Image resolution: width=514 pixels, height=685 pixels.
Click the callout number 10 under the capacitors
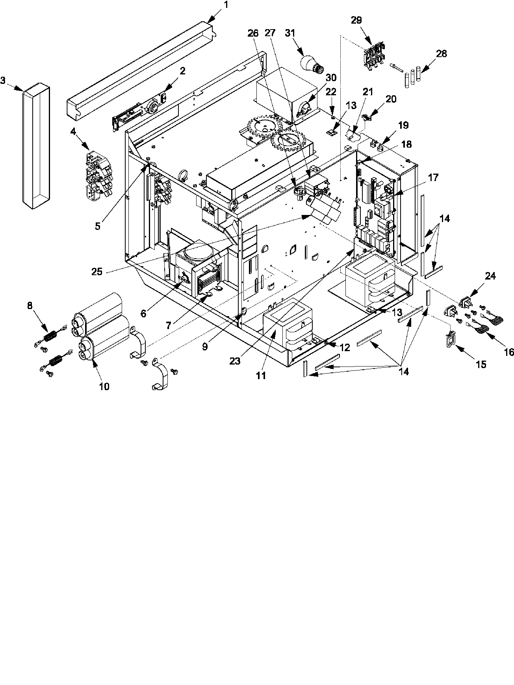click(104, 386)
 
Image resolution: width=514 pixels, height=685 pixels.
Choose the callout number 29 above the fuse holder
click(356, 20)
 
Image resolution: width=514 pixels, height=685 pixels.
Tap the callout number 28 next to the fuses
click(442, 54)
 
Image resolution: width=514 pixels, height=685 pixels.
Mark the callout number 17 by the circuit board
click(433, 178)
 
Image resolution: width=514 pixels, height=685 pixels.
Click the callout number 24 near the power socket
click(490, 276)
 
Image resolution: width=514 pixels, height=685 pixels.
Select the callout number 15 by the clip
click(481, 364)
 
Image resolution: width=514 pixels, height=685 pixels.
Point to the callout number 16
click(508, 352)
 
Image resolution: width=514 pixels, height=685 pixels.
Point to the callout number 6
click(143, 313)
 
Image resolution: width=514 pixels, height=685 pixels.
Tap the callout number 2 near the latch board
click(182, 71)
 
